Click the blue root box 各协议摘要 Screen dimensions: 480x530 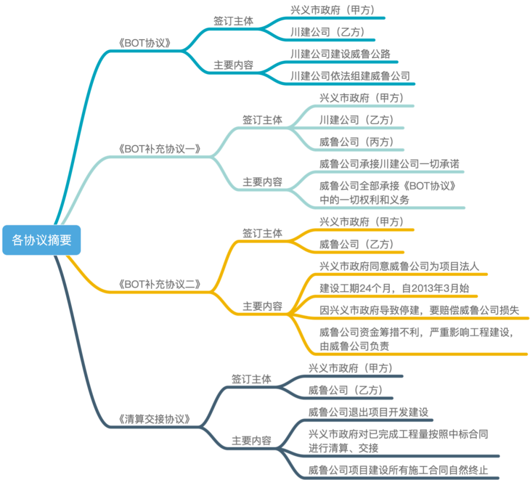42,240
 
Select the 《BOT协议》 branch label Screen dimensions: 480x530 145,43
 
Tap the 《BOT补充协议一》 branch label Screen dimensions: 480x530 160,149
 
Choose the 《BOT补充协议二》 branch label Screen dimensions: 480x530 160,284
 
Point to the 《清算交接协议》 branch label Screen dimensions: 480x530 154,419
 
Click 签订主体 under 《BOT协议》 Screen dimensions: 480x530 233,21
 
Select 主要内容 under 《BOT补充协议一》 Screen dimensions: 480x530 263,182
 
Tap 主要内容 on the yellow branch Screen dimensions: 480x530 263,307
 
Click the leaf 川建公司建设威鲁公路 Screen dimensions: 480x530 341,53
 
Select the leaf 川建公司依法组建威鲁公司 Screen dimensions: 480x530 350,76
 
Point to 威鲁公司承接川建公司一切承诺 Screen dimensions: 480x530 389,164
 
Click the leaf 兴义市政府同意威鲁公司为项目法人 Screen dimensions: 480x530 399,266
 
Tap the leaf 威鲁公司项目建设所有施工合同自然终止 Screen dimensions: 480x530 398,470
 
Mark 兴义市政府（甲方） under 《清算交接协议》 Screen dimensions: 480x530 351,368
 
